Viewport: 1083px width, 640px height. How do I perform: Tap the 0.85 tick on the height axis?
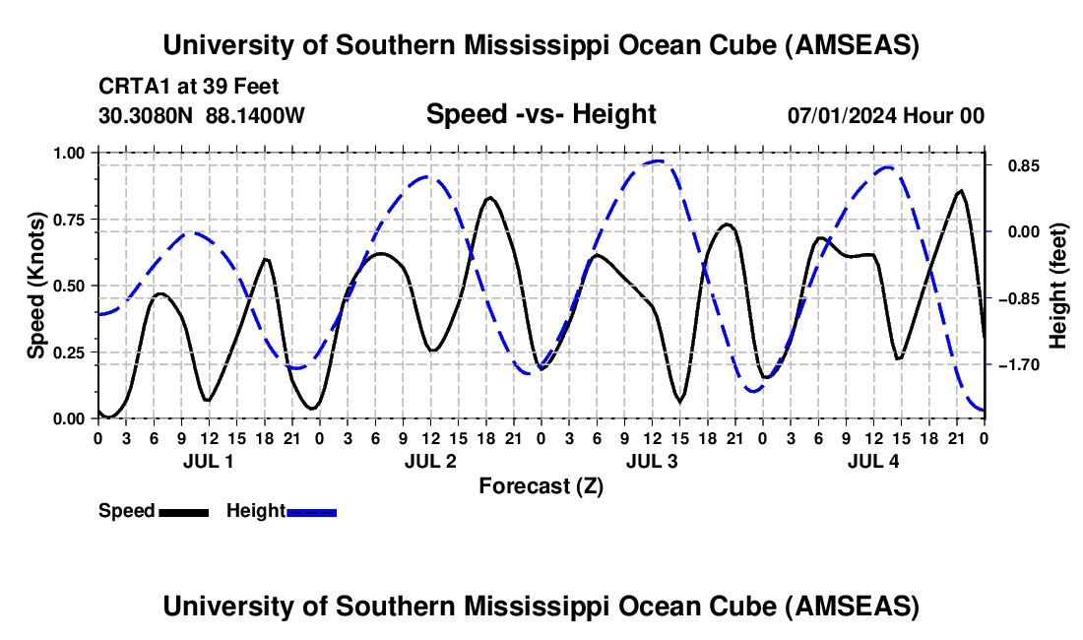point(1014,165)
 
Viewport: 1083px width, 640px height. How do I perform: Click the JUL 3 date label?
point(652,461)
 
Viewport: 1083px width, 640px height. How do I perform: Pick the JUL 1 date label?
point(208,461)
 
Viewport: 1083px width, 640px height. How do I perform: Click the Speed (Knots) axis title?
point(36,286)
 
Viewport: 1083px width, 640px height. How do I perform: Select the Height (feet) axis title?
point(1058,286)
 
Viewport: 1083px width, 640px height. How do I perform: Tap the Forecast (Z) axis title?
point(541,485)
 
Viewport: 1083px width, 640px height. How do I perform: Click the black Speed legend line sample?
point(184,511)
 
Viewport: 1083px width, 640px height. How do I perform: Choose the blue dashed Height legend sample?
point(311,511)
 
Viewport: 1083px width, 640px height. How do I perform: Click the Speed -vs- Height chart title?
point(541,114)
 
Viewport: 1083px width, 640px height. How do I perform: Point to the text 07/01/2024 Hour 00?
point(885,115)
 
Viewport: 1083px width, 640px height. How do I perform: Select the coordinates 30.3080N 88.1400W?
point(202,115)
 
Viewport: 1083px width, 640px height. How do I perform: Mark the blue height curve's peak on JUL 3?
point(658,160)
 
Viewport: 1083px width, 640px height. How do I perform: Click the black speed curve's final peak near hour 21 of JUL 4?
point(960,191)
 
